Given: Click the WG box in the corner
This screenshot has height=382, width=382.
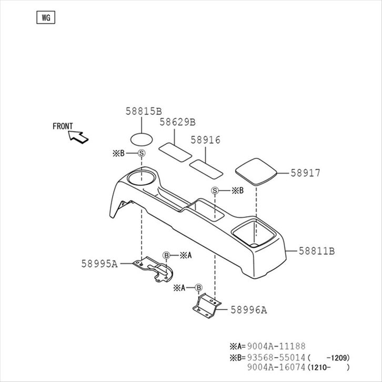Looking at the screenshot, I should (46, 17).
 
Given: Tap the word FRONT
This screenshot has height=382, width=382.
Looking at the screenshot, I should (63, 126).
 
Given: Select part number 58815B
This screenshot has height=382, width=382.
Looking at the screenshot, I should (143, 111).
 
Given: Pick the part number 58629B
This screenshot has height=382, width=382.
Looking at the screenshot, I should (177, 122).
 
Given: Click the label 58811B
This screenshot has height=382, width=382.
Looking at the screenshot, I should (317, 251).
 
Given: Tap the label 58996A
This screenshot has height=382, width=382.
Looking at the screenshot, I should (248, 310).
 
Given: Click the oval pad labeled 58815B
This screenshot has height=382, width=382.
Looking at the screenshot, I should (141, 139).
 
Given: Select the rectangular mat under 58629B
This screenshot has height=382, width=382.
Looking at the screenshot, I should (175, 151).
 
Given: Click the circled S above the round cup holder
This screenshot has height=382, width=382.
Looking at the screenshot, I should (141, 153).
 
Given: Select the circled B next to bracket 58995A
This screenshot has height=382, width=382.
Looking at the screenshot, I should (166, 256).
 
